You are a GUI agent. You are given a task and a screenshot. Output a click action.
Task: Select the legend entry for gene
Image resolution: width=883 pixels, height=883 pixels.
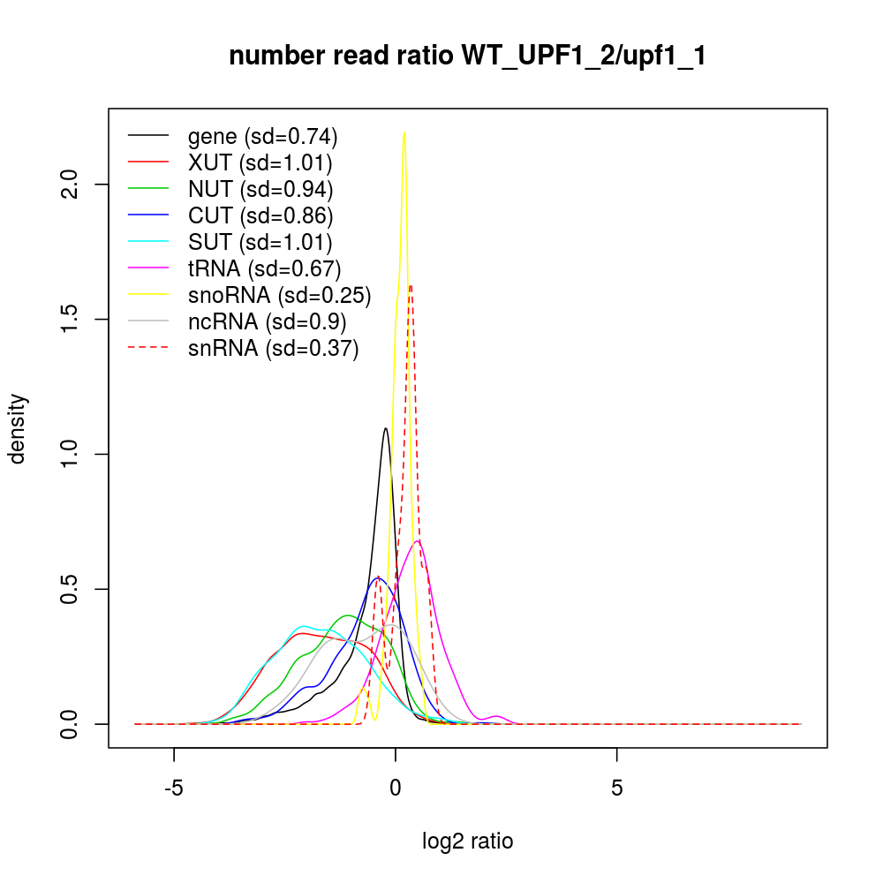pyautogui.click(x=262, y=137)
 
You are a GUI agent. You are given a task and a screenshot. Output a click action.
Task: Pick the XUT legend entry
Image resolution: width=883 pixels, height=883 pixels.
pyautogui.click(x=260, y=162)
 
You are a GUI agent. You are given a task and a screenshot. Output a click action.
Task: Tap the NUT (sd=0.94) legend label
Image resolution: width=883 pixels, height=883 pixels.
pyautogui.click(x=260, y=189)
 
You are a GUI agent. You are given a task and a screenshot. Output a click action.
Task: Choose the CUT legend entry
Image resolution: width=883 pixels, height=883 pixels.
pyautogui.click(x=260, y=215)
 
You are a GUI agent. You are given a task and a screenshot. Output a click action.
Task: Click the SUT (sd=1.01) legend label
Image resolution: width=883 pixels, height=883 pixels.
pyautogui.click(x=260, y=242)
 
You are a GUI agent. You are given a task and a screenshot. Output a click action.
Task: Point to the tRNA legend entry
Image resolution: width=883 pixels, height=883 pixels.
pyautogui.click(x=264, y=268)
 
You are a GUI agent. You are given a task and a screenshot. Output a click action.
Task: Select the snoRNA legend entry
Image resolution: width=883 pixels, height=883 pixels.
pyautogui.click(x=279, y=295)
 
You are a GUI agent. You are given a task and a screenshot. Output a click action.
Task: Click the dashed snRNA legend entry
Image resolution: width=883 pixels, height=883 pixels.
pyautogui.click(x=273, y=349)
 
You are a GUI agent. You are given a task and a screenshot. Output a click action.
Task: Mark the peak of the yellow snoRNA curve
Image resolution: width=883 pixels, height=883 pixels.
pyautogui.click(x=404, y=132)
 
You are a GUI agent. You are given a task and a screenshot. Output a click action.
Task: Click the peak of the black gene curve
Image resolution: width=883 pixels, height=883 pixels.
pyautogui.click(x=386, y=428)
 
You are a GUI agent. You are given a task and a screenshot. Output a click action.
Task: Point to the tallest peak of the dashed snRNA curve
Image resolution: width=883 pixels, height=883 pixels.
pyautogui.click(x=411, y=285)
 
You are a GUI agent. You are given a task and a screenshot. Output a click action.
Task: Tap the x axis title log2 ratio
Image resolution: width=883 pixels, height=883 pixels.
pyautogui.click(x=468, y=841)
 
